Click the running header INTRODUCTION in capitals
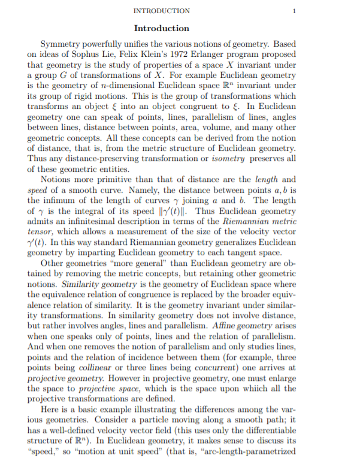click(162, 11)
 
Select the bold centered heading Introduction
click(162, 28)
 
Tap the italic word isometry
click(207, 159)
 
